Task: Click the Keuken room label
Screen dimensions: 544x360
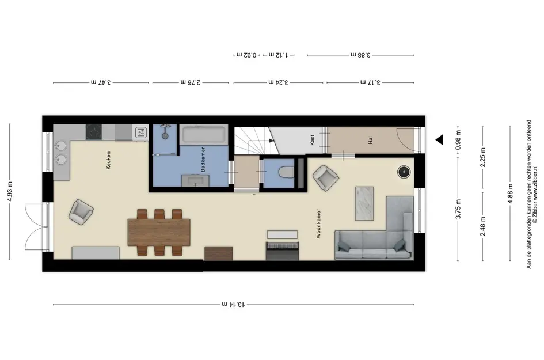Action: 109,160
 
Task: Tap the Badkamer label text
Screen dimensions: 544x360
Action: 203,160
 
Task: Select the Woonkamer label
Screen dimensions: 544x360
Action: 318,223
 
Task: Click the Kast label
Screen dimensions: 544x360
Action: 313,140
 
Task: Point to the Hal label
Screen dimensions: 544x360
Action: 370,140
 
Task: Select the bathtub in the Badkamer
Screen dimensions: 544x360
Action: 204,135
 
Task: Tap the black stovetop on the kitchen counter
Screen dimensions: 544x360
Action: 94,132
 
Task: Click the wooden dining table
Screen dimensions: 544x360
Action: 159,232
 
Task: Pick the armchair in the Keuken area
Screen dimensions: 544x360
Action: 81,212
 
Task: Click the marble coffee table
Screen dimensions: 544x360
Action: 364,204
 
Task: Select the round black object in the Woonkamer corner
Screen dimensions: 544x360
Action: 404,172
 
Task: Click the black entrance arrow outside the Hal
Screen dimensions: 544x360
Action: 439,140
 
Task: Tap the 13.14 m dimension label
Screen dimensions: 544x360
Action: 233,305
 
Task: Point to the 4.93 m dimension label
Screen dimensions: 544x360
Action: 10,191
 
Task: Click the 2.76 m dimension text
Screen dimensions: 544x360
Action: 191,82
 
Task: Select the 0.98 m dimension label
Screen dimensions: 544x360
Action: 458,140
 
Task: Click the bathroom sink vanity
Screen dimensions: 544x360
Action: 196,180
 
